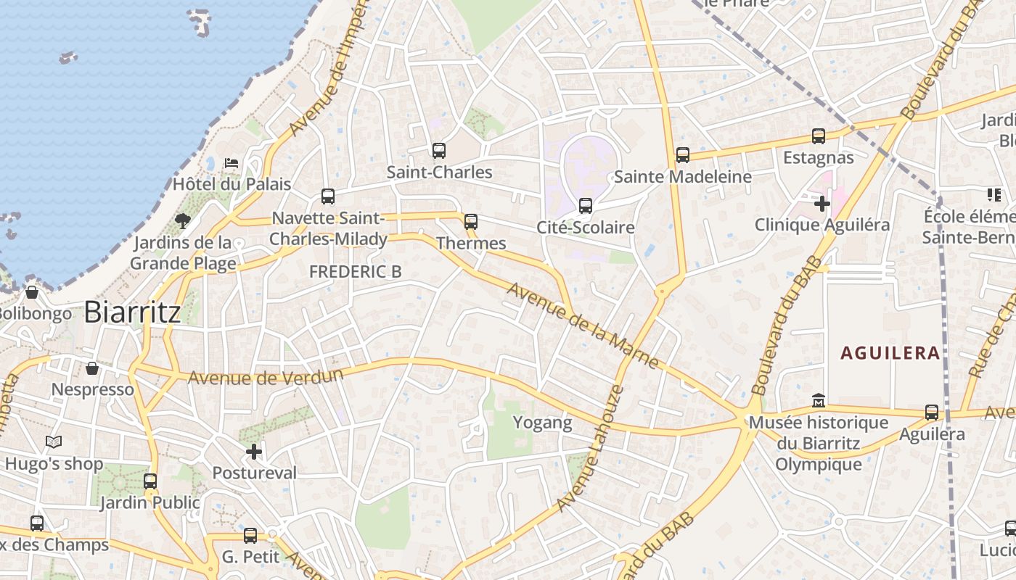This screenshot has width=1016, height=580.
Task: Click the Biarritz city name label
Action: click(x=132, y=312)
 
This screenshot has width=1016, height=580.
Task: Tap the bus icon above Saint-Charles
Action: click(x=439, y=151)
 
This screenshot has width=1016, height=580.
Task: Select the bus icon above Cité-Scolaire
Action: click(x=586, y=206)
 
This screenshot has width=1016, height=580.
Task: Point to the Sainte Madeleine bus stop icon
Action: click(x=683, y=155)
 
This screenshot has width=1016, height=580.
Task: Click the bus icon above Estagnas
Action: click(x=819, y=136)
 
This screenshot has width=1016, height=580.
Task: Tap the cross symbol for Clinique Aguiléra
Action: click(x=822, y=204)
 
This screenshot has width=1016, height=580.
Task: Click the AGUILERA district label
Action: click(x=890, y=353)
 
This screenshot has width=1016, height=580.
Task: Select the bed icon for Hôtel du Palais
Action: click(x=232, y=163)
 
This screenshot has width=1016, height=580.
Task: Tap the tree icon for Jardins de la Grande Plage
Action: click(x=183, y=220)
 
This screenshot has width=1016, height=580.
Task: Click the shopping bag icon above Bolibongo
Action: click(x=32, y=292)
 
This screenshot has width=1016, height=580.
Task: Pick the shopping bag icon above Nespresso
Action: click(x=92, y=368)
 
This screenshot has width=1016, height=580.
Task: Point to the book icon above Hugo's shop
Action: click(x=54, y=442)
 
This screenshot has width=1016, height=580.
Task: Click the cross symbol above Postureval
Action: click(x=254, y=452)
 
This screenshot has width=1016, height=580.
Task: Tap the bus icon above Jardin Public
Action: click(x=150, y=481)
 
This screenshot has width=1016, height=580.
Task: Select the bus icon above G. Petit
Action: click(x=250, y=536)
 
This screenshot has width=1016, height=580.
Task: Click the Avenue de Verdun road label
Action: click(x=265, y=377)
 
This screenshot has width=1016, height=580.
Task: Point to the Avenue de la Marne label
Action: click(x=583, y=326)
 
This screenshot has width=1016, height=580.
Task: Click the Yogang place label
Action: click(x=543, y=422)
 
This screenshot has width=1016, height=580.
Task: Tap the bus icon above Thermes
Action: click(x=471, y=222)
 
